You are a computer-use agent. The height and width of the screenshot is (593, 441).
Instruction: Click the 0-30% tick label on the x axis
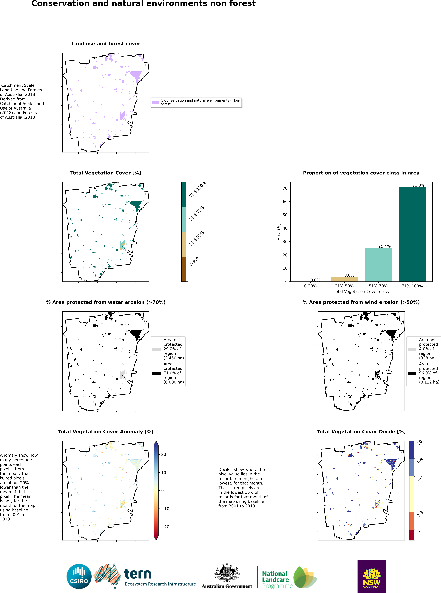tap(310, 286)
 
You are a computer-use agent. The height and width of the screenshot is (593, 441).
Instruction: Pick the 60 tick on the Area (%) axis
tap(285, 202)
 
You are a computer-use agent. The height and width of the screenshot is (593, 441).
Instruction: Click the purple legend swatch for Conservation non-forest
tap(155, 102)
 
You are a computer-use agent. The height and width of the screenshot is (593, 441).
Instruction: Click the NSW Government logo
tap(372, 576)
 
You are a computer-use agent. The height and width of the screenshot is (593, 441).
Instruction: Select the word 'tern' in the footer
tap(138, 574)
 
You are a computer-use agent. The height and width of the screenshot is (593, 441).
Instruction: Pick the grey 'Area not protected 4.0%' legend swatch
tap(412, 349)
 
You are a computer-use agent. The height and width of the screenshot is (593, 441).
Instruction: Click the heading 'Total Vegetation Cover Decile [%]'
tap(361, 432)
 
